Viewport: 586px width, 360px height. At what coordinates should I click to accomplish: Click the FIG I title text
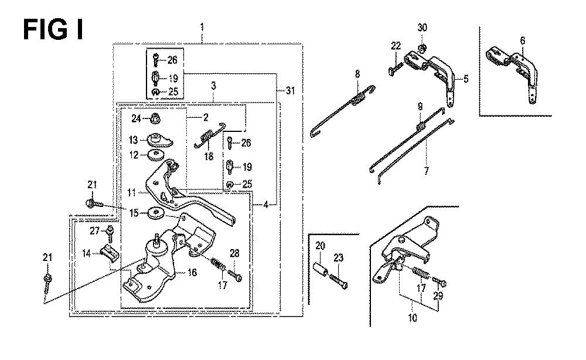pyautogui.click(x=53, y=29)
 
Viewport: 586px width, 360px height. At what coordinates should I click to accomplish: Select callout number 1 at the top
pyautogui.click(x=202, y=28)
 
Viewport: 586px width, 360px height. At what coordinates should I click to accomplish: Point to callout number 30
pyautogui.click(x=423, y=28)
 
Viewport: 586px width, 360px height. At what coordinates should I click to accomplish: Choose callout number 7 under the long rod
pyautogui.click(x=426, y=171)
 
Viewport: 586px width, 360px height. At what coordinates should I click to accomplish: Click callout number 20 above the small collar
pyautogui.click(x=320, y=246)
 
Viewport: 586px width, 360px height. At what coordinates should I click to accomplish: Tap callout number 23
pyautogui.click(x=339, y=256)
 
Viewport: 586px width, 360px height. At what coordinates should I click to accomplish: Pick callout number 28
pyautogui.click(x=236, y=253)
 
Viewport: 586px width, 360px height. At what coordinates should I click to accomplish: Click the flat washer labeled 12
pyautogui.click(x=155, y=155)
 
